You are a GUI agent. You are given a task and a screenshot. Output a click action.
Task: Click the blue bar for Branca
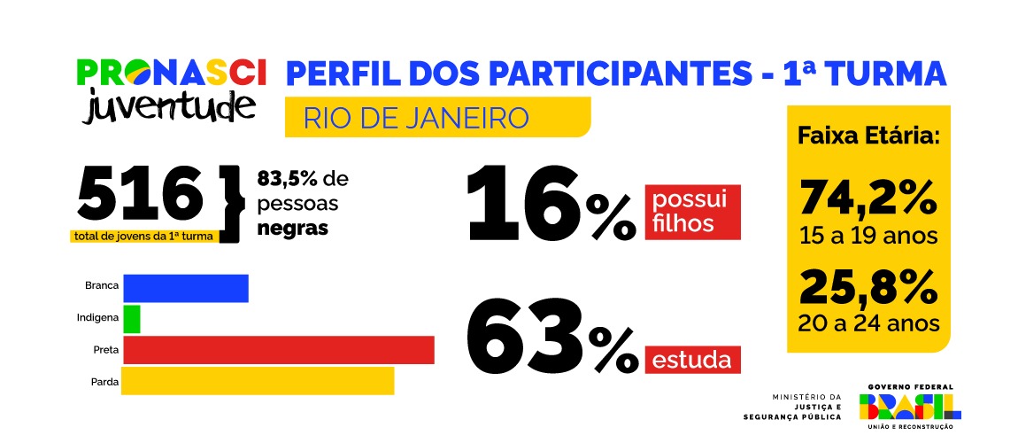point(186,289)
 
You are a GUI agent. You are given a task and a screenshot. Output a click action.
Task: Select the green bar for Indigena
point(131,319)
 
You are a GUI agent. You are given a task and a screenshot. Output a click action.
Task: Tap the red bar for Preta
point(278,349)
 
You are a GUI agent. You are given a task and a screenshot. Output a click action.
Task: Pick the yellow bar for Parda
point(258,380)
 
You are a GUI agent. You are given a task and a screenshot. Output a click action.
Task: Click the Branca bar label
point(102,286)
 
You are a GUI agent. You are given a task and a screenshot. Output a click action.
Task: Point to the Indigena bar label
point(97,316)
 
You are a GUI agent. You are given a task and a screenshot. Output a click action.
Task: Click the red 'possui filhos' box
point(692,212)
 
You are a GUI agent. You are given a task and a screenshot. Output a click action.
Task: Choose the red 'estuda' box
point(692,361)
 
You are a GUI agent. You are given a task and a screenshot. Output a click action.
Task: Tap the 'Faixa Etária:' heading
point(868,137)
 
